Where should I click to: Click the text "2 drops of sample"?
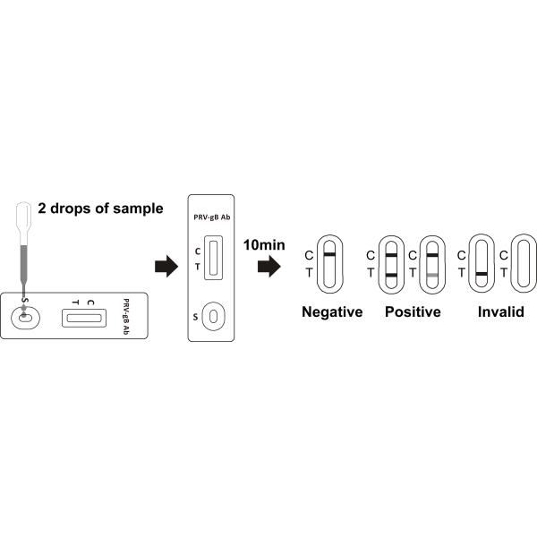click(x=100, y=209)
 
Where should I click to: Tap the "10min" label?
click(x=263, y=242)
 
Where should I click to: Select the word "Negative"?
click(x=332, y=312)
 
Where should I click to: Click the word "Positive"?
click(x=413, y=312)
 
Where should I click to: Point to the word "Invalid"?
click(x=500, y=312)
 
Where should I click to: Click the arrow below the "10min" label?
click(x=268, y=266)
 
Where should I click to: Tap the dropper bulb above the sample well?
click(x=25, y=214)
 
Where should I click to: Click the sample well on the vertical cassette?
click(x=213, y=316)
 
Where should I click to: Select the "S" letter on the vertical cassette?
click(x=196, y=316)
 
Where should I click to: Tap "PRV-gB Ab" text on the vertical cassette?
click(x=212, y=216)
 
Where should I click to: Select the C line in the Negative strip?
click(x=329, y=255)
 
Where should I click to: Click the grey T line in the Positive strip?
click(x=432, y=273)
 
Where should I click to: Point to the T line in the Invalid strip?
click(x=482, y=273)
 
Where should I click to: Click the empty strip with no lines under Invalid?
click(x=522, y=263)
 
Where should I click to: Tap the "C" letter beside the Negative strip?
click(x=309, y=255)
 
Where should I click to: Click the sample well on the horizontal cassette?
click(x=24, y=317)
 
